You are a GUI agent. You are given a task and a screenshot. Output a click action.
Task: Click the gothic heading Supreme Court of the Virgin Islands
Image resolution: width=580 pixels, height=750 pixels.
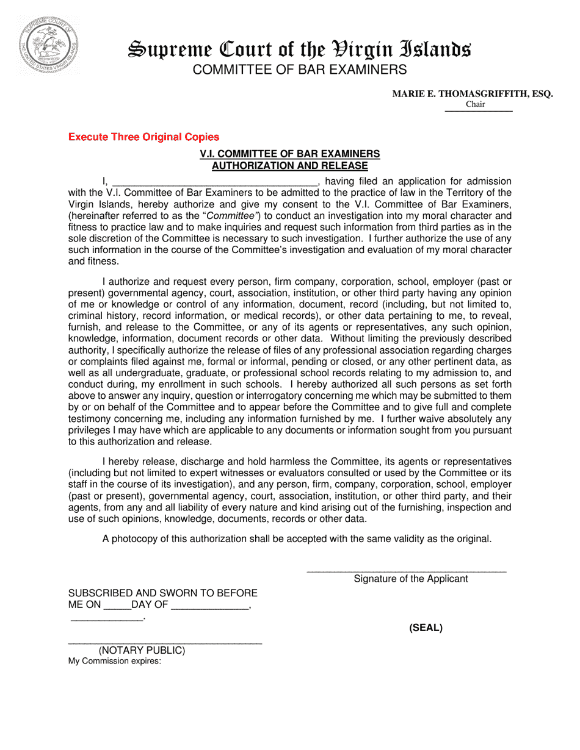point(299,49)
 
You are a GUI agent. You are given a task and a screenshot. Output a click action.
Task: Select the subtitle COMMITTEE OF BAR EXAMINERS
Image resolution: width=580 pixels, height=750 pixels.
point(299,70)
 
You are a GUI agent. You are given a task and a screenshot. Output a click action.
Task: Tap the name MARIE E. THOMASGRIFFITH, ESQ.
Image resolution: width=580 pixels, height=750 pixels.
point(472,94)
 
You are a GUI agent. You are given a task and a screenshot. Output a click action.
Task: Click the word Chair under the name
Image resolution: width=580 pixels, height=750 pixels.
point(475,104)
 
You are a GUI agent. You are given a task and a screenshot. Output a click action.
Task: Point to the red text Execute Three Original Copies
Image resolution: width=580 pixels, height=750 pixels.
point(143,137)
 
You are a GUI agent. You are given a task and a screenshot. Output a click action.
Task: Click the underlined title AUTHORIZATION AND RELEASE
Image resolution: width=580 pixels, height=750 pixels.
point(289,166)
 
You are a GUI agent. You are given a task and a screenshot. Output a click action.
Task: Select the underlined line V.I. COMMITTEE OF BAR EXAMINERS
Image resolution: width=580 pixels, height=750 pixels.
point(289,154)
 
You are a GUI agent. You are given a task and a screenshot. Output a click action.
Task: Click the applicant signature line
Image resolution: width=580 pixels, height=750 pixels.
point(406,571)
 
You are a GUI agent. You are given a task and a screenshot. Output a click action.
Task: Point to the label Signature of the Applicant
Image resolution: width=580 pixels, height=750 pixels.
point(411,579)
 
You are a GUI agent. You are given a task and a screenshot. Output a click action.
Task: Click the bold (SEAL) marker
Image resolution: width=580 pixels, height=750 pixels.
point(426,628)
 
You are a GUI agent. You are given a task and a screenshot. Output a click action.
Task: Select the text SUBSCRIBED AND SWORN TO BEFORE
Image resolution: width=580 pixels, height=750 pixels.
point(162,593)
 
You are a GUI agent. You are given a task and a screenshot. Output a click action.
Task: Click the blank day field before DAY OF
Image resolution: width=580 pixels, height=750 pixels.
point(117,607)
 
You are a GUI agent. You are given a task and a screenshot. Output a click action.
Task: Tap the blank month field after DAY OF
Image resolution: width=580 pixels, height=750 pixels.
point(210,607)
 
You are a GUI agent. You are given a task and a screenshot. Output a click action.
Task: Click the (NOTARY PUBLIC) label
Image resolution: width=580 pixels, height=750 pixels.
point(142,651)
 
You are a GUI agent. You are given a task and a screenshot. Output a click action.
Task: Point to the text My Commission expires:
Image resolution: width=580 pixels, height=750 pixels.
point(115,661)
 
